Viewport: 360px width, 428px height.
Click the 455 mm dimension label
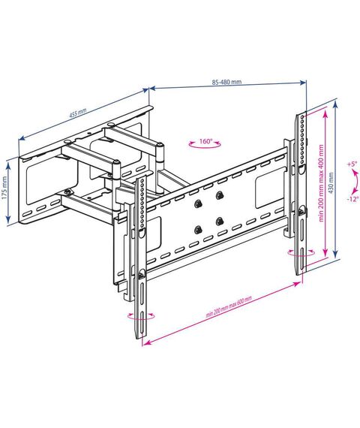78,113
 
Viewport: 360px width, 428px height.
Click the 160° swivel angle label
205,141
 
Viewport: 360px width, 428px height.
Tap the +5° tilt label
352,164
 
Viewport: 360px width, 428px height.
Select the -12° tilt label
352,199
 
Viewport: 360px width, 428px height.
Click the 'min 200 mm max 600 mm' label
229,306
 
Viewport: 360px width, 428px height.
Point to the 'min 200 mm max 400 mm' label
322,183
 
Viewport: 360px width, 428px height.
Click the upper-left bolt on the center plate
197,203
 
